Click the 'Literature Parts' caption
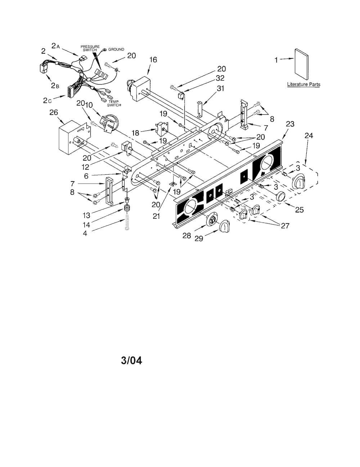point(303,84)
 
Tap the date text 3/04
point(131,360)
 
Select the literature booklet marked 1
point(302,64)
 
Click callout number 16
point(153,59)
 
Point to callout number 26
point(54,112)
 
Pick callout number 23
point(290,124)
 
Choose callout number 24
point(309,135)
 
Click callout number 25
point(300,210)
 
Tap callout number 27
point(285,225)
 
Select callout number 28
point(186,235)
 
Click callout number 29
point(199,238)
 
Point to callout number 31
point(220,88)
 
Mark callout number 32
point(220,78)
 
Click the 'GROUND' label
point(116,49)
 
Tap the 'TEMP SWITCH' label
point(114,103)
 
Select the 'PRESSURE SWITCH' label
point(90,48)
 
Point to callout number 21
point(156,216)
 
